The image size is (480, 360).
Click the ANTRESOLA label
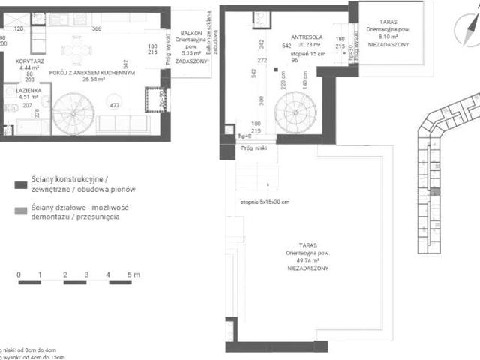coord(306,36)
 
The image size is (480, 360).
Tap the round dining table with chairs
coord(77,51)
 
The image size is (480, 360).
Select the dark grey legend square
coord(19,184)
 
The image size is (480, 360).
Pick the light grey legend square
coord(19,211)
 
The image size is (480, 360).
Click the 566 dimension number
coord(96,28)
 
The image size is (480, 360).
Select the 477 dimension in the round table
coord(114,106)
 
